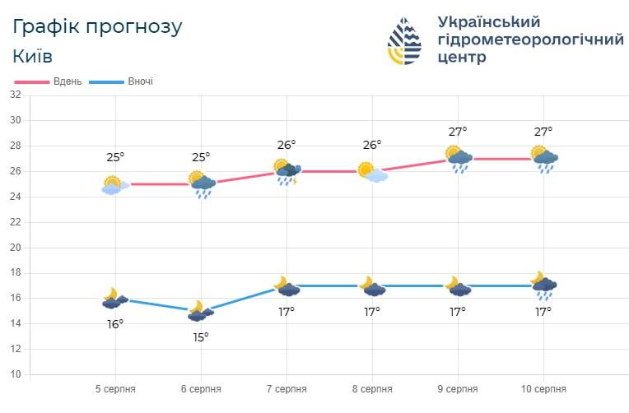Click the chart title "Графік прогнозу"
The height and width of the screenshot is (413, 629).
click(x=98, y=26)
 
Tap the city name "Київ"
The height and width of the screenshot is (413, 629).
click(x=33, y=57)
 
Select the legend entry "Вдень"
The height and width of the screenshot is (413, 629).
click(x=67, y=81)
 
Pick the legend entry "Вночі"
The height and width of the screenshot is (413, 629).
click(x=140, y=81)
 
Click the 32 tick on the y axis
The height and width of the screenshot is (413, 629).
click(x=15, y=95)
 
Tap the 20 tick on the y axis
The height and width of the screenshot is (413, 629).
click(x=15, y=248)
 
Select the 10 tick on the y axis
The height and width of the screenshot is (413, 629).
click(x=15, y=374)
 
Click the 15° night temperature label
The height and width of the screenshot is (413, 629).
click(x=201, y=336)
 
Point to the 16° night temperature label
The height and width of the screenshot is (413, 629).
click(x=115, y=324)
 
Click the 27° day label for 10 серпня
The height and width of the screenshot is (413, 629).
click(x=543, y=132)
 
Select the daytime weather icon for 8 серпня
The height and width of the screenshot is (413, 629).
click(x=372, y=172)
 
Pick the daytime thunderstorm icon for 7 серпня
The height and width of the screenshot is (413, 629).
click(x=287, y=172)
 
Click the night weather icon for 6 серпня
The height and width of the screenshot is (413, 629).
click(x=200, y=312)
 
